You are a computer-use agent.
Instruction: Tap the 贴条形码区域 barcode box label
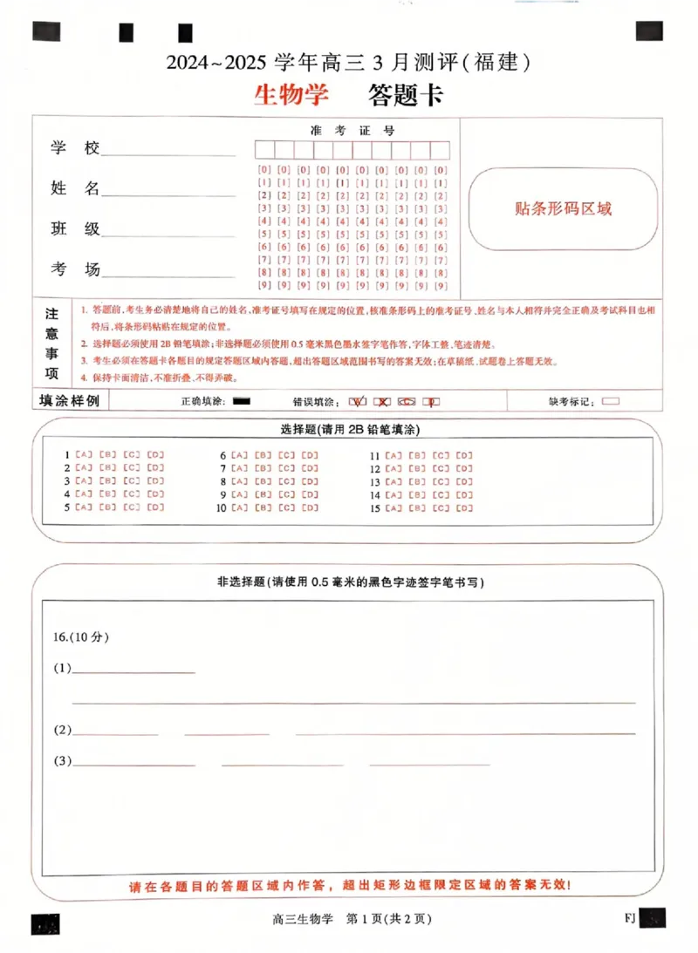pyautogui.click(x=563, y=208)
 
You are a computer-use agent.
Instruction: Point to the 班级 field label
pyautogui.click(x=74, y=229)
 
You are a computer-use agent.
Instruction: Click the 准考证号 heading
pyautogui.click(x=352, y=131)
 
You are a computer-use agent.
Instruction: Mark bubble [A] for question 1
pyautogui.click(x=84, y=455)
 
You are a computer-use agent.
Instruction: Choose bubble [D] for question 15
pyautogui.click(x=465, y=508)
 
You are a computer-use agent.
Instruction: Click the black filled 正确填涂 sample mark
pyautogui.click(x=243, y=401)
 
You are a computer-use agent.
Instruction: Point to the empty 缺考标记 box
pyautogui.click(x=611, y=401)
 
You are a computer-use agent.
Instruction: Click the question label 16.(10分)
pyautogui.click(x=81, y=636)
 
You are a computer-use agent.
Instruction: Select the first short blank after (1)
pyautogui.click(x=133, y=671)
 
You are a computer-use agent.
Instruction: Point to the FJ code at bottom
pyautogui.click(x=630, y=917)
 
